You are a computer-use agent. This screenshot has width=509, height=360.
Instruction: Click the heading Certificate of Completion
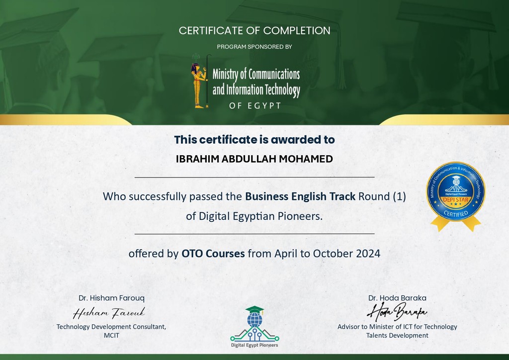[x=254, y=30]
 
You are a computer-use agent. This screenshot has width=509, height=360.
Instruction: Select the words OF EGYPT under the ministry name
[x=255, y=106]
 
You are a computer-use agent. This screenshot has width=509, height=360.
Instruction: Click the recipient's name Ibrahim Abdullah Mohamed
[x=254, y=159]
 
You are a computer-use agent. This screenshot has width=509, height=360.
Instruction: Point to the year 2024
[x=368, y=254]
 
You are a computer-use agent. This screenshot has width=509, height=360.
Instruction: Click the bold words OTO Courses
[x=213, y=254]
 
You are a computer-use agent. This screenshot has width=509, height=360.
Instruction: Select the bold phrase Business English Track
[x=300, y=196]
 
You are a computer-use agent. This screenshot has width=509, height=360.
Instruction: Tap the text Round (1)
[x=382, y=196]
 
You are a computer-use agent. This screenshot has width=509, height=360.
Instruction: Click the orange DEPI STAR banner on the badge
[x=456, y=199]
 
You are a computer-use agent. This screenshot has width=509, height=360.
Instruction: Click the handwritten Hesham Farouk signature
[x=109, y=313]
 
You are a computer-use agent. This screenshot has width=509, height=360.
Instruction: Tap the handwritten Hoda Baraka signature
[x=397, y=311]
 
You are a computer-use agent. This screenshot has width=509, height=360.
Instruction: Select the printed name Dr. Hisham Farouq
[x=111, y=298]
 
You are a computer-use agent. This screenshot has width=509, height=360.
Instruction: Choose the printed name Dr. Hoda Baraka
[x=397, y=298]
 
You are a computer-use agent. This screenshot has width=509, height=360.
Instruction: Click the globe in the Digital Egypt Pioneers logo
[x=255, y=320]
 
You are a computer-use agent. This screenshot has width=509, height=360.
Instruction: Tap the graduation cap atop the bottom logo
[x=255, y=310]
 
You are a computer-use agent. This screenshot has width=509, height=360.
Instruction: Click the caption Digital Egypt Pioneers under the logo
[x=254, y=345]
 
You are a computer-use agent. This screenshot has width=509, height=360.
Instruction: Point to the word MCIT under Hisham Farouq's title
[x=112, y=335]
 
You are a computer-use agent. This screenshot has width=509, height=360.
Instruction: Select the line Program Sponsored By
[x=254, y=47]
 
